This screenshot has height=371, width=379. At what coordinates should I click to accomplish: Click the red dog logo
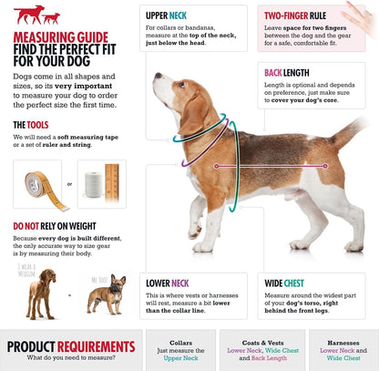pyautogui.click(x=36, y=15)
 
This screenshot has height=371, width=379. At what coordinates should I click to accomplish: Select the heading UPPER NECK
pyautogui.click(x=166, y=15)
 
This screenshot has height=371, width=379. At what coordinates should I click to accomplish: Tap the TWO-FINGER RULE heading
pyautogui.click(x=295, y=15)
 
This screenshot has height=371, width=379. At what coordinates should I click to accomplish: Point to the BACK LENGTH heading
pyautogui.click(x=287, y=73)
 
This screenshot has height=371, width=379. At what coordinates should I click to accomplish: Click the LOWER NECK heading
pyautogui.click(x=168, y=283)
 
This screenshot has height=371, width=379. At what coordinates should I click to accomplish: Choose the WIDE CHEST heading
pyautogui.click(x=284, y=283)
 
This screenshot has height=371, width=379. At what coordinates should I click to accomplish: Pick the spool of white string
pyautogui.click(x=94, y=185)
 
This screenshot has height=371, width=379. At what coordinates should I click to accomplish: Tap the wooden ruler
pyautogui.click(x=112, y=183)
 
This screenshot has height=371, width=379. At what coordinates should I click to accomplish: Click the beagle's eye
pyautogui.click(x=181, y=84)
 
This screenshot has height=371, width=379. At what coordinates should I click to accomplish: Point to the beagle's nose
pyautogui.click(x=158, y=75)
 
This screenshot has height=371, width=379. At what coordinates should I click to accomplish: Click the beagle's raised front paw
pyautogui.click(x=194, y=233)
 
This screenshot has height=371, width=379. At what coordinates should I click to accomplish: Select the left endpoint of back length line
pyautogui.click(x=216, y=166)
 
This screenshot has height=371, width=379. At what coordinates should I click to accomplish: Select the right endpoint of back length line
pyautogui.click(x=325, y=166)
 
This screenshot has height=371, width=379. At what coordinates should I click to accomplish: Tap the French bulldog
pyautogui.click(x=108, y=294)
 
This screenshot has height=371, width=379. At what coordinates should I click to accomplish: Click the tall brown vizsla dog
pyautogui.click(x=41, y=294)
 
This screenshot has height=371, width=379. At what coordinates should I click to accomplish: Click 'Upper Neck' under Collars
pyautogui.click(x=180, y=358)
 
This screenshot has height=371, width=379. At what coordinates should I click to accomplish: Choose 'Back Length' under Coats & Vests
pyautogui.click(x=269, y=358)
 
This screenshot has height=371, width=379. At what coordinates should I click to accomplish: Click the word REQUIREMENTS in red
pyautogui.click(x=96, y=346)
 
